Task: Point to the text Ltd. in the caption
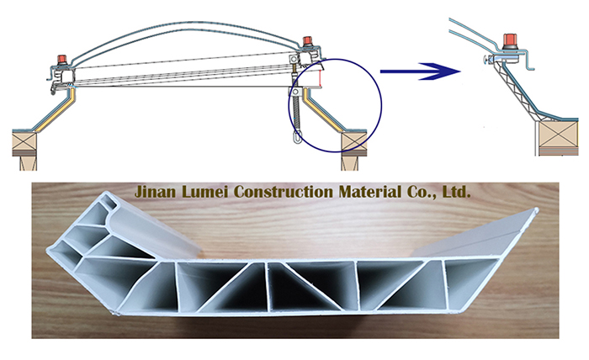pyautogui.click(x=455, y=192)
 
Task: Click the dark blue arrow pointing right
pyautogui.click(x=422, y=72)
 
